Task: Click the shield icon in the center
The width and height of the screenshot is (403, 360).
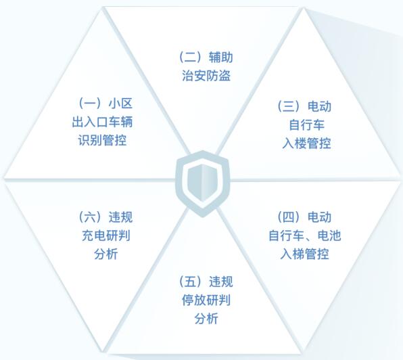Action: point(203,183)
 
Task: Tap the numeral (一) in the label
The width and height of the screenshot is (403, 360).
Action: point(90,104)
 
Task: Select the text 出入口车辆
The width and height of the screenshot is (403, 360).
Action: point(102,122)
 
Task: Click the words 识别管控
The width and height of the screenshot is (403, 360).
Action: point(102,140)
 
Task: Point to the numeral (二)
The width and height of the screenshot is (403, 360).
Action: point(191,57)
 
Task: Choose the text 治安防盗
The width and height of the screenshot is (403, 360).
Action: point(206,76)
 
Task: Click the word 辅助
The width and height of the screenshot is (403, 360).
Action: point(221,57)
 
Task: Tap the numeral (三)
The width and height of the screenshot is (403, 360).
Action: point(289,106)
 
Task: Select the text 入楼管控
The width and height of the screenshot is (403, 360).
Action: point(306,143)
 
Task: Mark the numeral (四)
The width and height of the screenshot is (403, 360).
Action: point(289,217)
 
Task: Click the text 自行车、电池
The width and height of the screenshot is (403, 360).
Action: point(305,235)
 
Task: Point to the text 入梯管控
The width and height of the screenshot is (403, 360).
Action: point(304,254)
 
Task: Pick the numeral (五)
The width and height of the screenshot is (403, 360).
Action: point(191,282)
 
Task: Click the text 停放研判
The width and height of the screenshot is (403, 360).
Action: point(206,300)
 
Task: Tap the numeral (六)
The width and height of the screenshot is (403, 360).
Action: point(90,217)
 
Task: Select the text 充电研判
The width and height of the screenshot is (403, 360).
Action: point(106,235)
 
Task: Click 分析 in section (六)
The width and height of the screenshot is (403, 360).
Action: point(106,254)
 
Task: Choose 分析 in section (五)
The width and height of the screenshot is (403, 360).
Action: point(206,319)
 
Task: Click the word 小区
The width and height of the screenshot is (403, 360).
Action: point(120,104)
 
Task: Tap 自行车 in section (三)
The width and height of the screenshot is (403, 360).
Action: point(306,125)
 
